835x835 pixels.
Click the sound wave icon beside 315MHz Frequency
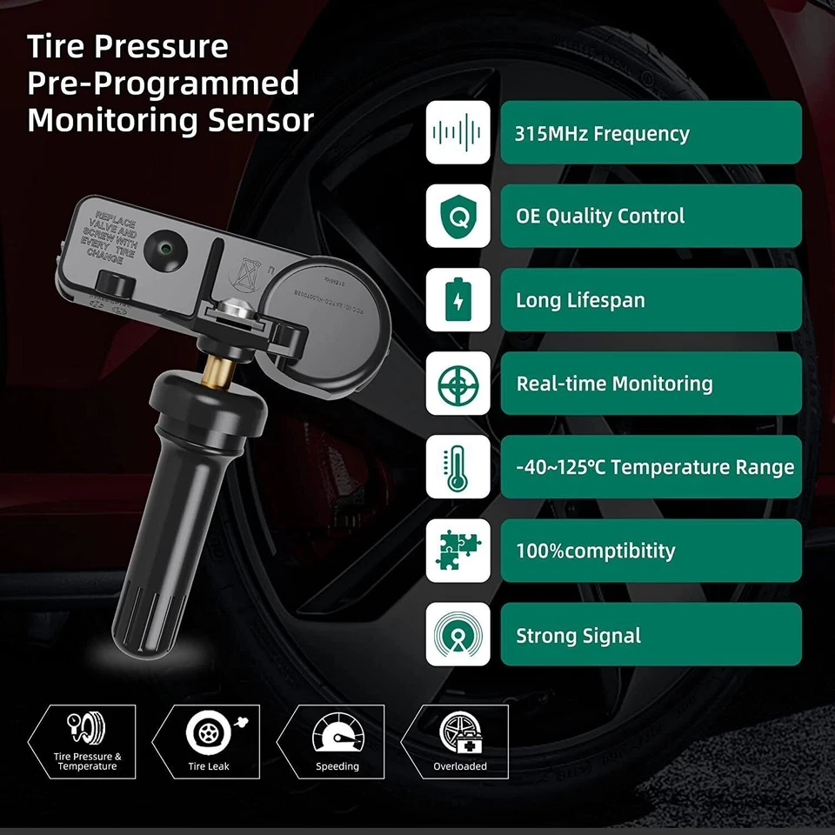click(458, 132)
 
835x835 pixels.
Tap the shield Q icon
click(458, 216)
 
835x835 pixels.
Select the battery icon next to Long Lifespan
click(458, 300)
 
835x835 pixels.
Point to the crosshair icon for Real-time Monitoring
click(458, 384)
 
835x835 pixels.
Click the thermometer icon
click(458, 467)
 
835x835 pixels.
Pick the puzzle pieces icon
click(458, 551)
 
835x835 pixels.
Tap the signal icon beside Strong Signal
click(458, 635)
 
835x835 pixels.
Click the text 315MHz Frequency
click(602, 134)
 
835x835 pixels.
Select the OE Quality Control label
click(600, 217)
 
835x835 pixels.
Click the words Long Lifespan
click(580, 301)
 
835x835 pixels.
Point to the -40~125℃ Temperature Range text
click(655, 468)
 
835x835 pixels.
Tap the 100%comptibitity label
click(595, 551)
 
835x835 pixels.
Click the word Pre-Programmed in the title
click(163, 83)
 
